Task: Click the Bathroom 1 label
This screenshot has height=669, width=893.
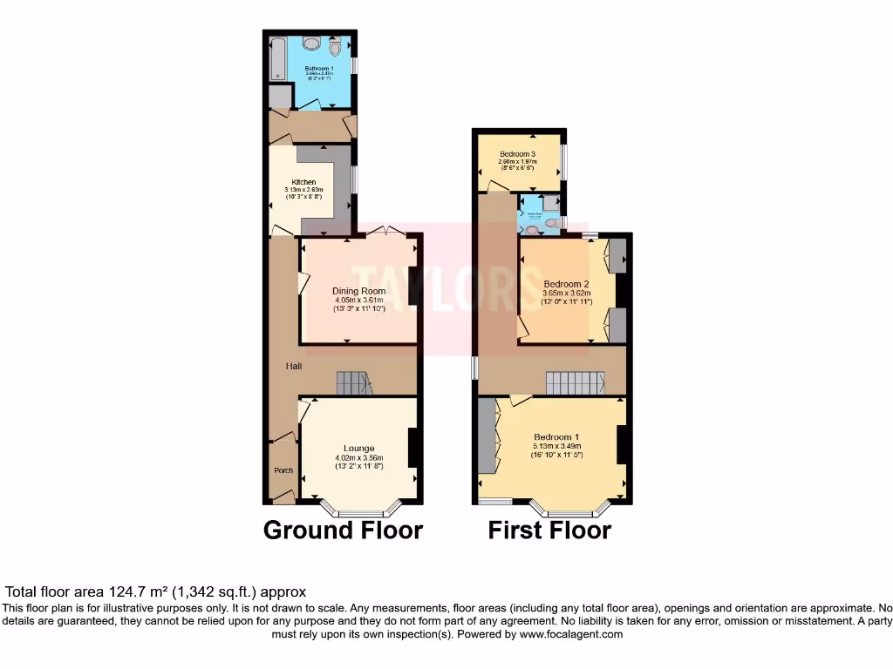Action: (319, 67)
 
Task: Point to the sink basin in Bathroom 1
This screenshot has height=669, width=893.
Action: (311, 44)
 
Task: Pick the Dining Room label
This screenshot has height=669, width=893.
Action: (358, 291)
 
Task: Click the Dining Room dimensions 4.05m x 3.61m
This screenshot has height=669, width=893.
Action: (358, 300)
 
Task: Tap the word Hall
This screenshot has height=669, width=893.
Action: (294, 367)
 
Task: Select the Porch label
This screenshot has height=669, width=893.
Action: (283, 471)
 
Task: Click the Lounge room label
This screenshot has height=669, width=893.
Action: (358, 449)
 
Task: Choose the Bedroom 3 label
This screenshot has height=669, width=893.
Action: (517, 153)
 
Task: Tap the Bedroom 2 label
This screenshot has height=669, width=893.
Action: (567, 284)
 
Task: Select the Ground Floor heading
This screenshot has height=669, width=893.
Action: (343, 530)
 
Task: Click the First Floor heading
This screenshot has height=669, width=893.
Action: (549, 530)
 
